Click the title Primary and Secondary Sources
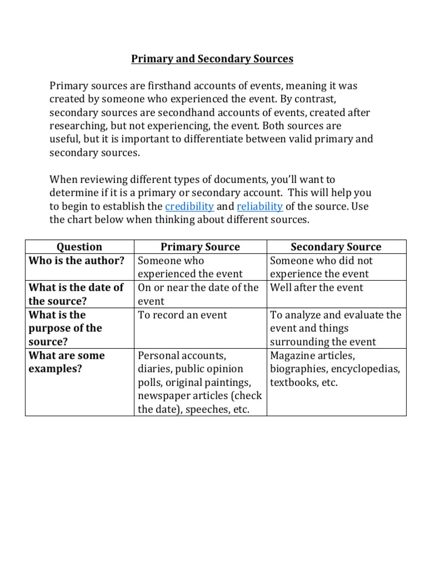212,59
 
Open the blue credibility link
189,206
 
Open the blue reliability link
260,206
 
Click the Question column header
80,247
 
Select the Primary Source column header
200,247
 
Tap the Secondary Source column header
336,247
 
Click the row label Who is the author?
76,260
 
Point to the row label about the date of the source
76,294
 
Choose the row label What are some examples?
66,361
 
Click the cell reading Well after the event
317,287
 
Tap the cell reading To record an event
182,315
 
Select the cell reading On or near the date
198,294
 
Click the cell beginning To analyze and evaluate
335,328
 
